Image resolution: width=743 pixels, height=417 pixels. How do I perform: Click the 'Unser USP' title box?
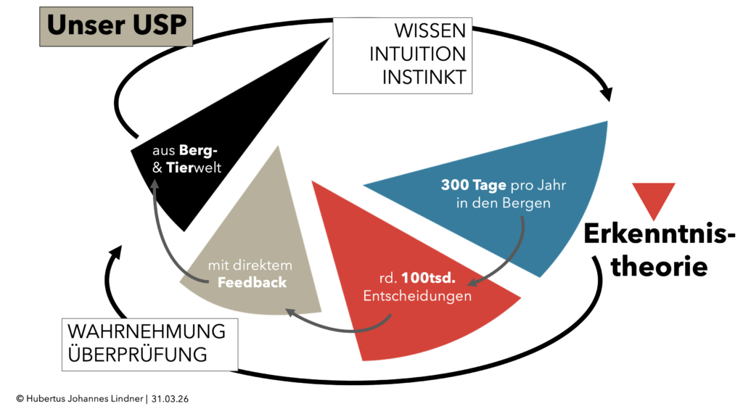(x=116, y=27)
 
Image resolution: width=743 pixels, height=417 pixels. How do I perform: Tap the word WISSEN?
(x=430, y=30)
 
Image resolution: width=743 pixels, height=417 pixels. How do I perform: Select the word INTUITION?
(x=417, y=54)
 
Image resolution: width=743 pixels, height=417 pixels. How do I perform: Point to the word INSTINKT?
(x=424, y=78)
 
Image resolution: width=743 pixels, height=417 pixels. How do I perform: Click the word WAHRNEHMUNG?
(x=147, y=331)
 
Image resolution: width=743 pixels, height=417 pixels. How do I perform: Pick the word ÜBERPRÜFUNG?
(x=137, y=355)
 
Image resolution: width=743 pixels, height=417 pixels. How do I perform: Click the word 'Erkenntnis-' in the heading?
(x=660, y=234)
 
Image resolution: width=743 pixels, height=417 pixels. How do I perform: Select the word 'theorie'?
(x=659, y=266)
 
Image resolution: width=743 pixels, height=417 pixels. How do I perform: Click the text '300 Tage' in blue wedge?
(x=473, y=185)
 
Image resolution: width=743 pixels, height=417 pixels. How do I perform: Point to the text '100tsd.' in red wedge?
(x=428, y=278)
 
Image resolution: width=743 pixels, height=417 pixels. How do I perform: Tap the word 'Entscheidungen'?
(x=417, y=296)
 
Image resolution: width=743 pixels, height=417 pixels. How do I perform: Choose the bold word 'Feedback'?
(x=252, y=282)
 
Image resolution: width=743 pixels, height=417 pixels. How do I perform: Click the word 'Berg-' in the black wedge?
(x=198, y=151)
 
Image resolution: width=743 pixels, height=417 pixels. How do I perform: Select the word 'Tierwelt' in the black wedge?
(x=194, y=168)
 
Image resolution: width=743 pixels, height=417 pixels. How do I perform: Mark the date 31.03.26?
(x=170, y=399)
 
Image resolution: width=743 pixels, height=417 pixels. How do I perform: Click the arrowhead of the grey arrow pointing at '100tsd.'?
(x=472, y=284)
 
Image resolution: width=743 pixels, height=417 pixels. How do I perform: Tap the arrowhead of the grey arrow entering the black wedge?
(x=155, y=183)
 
